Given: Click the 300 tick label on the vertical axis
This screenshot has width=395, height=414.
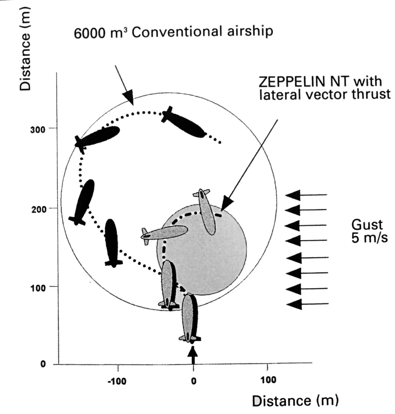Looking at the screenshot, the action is pyautogui.click(x=38, y=130).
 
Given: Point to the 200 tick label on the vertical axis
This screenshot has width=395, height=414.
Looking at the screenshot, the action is pyautogui.click(x=39, y=210).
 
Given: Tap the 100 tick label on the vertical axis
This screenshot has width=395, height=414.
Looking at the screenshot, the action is pyautogui.click(x=38, y=288).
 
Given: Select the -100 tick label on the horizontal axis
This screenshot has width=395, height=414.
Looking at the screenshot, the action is pyautogui.click(x=117, y=382).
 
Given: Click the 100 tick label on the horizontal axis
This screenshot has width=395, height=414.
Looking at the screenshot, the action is pyautogui.click(x=268, y=380).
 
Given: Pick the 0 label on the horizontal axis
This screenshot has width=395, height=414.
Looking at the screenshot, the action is pyautogui.click(x=194, y=381).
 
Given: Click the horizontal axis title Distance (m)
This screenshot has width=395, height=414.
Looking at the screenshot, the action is pyautogui.click(x=295, y=401).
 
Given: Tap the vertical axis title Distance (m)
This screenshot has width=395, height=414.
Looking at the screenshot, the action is pyautogui.click(x=25, y=49).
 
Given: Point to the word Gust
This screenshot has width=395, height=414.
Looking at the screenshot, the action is pyautogui.click(x=367, y=225).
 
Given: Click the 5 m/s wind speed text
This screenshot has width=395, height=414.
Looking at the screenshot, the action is pyautogui.click(x=370, y=238).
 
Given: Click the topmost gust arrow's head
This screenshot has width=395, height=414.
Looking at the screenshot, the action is pyautogui.click(x=293, y=195).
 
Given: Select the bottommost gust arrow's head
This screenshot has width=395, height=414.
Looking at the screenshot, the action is pyautogui.click(x=294, y=304).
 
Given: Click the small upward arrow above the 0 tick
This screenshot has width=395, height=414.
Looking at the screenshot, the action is pyautogui.click(x=193, y=355).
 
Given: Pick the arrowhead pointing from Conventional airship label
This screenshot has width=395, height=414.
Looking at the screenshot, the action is pyautogui.click(x=128, y=98).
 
